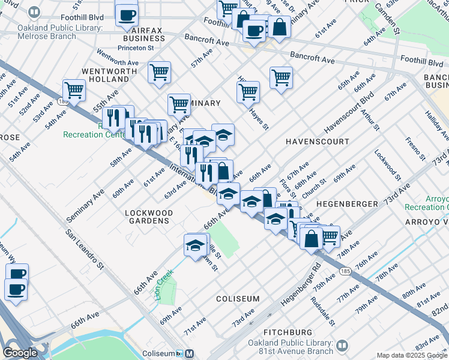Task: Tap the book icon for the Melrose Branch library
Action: click(x=35, y=12)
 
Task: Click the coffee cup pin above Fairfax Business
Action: click(x=126, y=16)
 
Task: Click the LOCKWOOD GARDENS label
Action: click(x=148, y=217)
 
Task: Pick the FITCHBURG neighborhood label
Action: click(x=288, y=332)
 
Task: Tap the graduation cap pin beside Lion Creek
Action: click(x=195, y=246)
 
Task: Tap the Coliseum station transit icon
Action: click(x=189, y=353)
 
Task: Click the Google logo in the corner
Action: click(x=20, y=353)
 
